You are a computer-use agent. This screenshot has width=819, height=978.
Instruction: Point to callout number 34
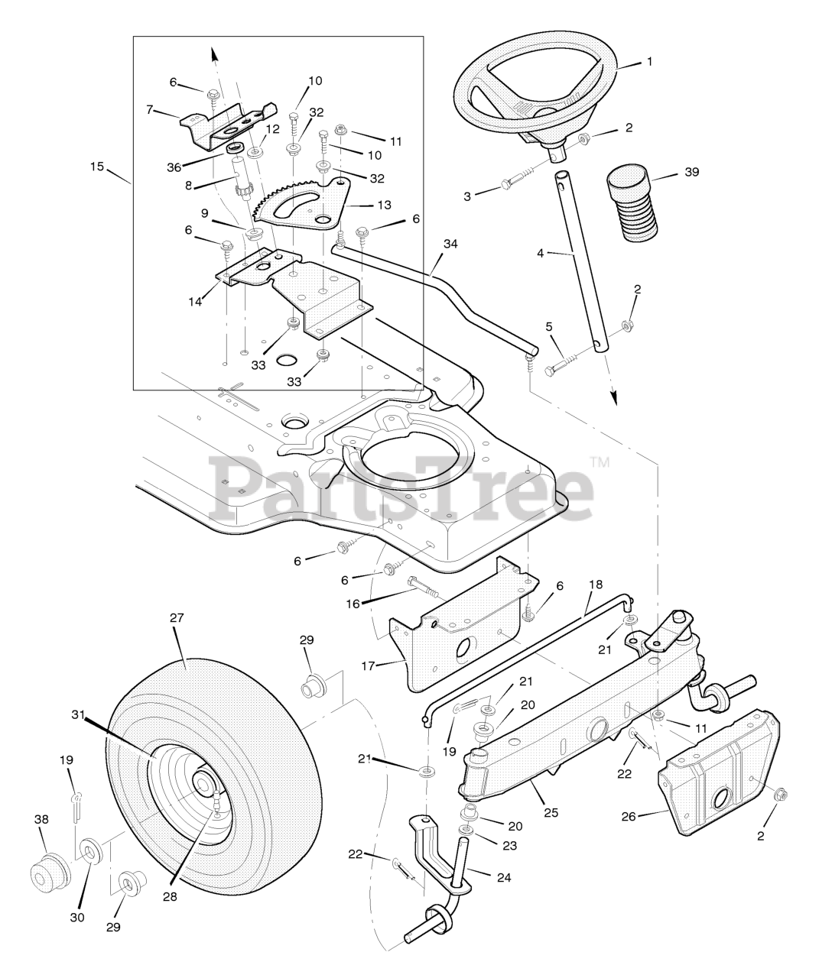(x=450, y=244)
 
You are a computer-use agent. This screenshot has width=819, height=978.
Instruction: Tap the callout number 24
(x=503, y=877)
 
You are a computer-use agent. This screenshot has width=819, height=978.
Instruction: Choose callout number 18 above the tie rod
(x=595, y=585)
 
